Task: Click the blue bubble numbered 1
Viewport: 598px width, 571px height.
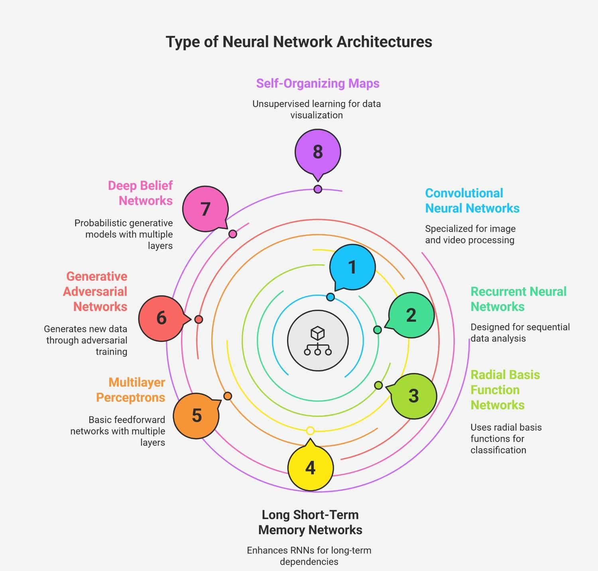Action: (352, 267)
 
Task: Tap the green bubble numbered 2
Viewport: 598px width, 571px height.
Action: (411, 315)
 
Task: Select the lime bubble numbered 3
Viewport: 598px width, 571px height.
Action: (413, 396)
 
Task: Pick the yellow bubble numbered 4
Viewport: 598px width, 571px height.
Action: (310, 468)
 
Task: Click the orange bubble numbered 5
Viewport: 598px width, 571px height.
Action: (196, 415)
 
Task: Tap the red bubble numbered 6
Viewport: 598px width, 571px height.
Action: (161, 318)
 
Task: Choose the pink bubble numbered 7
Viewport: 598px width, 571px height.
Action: (205, 209)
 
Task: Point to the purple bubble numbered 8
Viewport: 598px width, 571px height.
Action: (318, 152)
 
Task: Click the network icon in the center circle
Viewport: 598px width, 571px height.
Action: (318, 341)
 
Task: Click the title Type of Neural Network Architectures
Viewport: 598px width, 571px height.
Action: (299, 42)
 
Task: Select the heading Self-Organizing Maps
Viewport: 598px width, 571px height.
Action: (318, 83)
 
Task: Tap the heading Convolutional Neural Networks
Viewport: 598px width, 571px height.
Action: (472, 201)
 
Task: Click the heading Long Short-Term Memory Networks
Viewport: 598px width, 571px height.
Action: (310, 522)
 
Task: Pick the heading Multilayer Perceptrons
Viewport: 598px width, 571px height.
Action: (131, 390)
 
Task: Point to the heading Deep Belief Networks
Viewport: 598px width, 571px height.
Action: (140, 193)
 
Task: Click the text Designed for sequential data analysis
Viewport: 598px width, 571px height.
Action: (520, 333)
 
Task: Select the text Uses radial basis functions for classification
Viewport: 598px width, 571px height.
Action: (506, 439)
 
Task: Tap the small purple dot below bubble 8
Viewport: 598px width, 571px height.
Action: (318, 189)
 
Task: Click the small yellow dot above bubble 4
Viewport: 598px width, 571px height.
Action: (310, 431)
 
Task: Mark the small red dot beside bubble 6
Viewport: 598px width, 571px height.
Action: (199, 319)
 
